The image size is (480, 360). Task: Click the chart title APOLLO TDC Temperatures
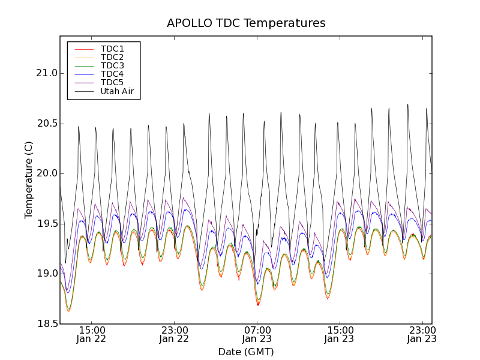click(x=246, y=23)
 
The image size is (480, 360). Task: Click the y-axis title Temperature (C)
click(x=29, y=180)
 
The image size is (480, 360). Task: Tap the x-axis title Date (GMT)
click(x=246, y=352)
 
